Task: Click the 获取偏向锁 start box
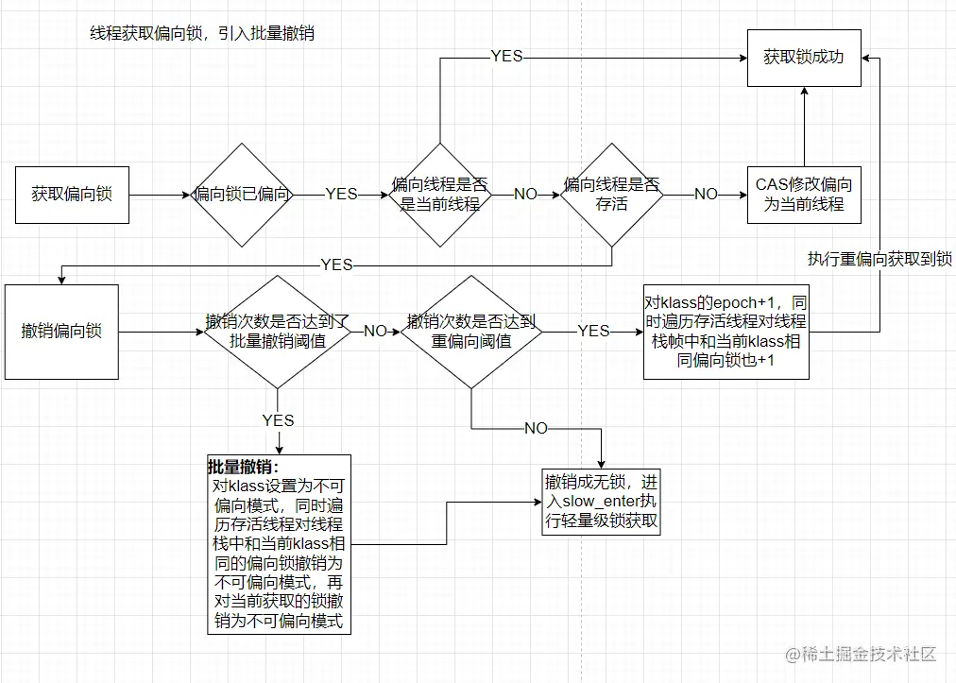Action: tap(72, 195)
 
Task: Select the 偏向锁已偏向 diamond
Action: tap(243, 195)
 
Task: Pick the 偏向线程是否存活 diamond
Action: tap(611, 195)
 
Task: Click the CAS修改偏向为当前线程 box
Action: tap(804, 195)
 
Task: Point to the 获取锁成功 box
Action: tap(804, 58)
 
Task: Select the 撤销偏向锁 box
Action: tap(62, 332)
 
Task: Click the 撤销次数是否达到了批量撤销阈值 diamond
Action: tap(277, 332)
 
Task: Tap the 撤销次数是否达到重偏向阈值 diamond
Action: tap(471, 332)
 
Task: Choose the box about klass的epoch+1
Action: tap(726, 332)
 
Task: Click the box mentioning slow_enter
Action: tap(601, 502)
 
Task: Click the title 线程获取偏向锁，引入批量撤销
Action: tap(201, 33)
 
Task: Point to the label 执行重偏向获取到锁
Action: tap(879, 259)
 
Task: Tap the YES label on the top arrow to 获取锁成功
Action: tap(506, 57)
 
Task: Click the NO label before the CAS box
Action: tap(706, 195)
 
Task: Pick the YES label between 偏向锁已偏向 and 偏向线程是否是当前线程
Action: tap(341, 195)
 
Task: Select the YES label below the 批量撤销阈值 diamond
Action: tap(278, 420)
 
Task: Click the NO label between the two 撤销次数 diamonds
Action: tap(375, 332)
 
